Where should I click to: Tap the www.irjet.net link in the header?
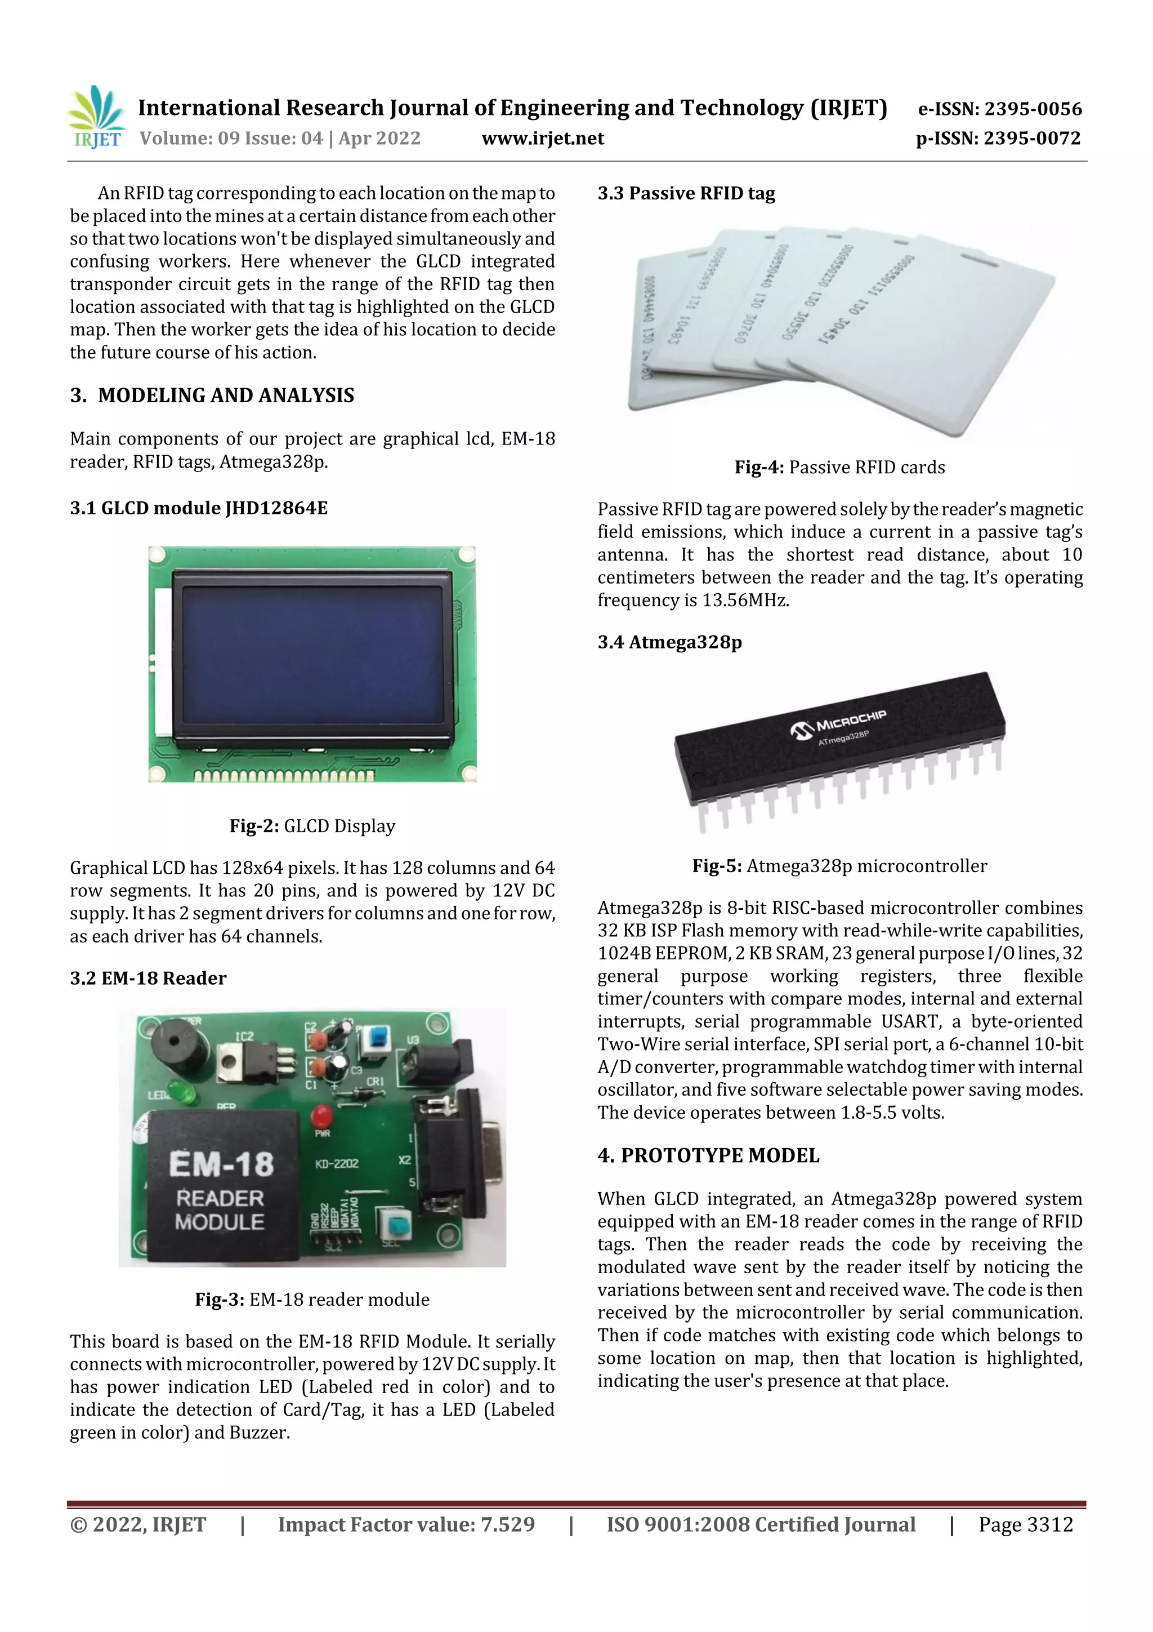[x=543, y=138]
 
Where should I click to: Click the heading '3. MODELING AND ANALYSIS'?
[x=212, y=395]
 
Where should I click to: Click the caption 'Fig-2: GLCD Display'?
[x=312, y=826]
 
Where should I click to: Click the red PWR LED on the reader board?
[x=323, y=1114]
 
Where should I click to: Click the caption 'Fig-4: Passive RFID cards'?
[x=840, y=467]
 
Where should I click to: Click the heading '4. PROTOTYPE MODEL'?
[x=708, y=1156]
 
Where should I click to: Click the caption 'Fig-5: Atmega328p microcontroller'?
[x=840, y=866]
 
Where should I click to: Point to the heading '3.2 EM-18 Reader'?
[x=148, y=978]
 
